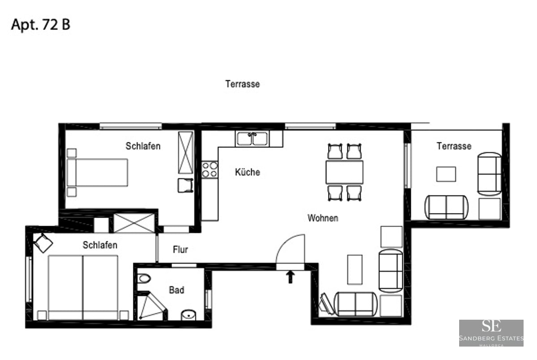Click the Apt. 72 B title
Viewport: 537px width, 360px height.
pyautogui.click(x=41, y=25)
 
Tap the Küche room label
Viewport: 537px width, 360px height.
pyautogui.click(x=247, y=172)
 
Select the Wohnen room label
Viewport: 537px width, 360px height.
pyautogui.click(x=323, y=219)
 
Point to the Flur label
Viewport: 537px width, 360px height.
pyautogui.click(x=180, y=250)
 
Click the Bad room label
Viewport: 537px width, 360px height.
pyautogui.click(x=176, y=290)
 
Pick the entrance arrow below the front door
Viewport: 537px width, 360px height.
pyautogui.click(x=290, y=277)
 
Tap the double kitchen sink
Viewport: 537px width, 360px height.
pyautogui.click(x=252, y=139)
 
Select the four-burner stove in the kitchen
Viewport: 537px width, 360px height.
pyautogui.click(x=209, y=169)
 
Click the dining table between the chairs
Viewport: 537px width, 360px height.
pyautogui.click(x=344, y=172)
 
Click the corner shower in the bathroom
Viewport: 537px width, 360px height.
pyautogui.click(x=150, y=307)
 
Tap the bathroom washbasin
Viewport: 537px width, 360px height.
pyautogui.click(x=189, y=315)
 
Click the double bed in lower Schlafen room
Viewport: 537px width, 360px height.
pyautogui.click(x=83, y=287)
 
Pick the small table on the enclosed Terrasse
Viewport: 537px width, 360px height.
pyautogui.click(x=446, y=174)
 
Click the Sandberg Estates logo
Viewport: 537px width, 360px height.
pyautogui.click(x=491, y=333)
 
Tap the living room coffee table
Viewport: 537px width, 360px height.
pyautogui.click(x=354, y=270)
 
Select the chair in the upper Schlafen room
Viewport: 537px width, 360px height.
pyautogui.click(x=185, y=185)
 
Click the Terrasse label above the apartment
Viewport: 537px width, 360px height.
pyautogui.click(x=243, y=84)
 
